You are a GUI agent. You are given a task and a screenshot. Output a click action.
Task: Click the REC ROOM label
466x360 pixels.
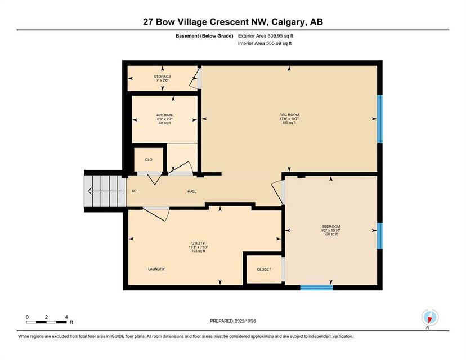(289, 115)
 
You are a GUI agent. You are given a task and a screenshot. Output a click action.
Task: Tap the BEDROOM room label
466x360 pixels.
(331, 226)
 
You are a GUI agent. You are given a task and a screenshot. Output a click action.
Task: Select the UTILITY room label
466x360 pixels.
(198, 243)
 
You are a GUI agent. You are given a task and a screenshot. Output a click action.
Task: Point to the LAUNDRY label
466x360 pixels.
(156, 269)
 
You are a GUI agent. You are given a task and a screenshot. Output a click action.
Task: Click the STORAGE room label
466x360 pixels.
(162, 76)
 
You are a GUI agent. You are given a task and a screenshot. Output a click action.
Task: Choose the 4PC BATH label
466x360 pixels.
(165, 115)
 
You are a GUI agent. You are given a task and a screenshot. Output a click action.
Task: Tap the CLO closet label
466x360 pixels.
(149, 160)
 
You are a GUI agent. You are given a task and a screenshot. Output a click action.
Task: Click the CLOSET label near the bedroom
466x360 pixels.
(264, 269)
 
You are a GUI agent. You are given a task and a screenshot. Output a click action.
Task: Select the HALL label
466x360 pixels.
(192, 192)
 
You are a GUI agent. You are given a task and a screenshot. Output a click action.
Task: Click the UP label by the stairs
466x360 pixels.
(135, 191)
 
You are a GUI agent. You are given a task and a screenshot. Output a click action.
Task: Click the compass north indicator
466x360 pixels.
(430, 317)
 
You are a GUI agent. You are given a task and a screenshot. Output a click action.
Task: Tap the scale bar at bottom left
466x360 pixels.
(47, 322)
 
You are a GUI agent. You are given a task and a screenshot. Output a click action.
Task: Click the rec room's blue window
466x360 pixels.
(380, 119)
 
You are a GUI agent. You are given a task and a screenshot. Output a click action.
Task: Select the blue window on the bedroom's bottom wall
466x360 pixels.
(316, 287)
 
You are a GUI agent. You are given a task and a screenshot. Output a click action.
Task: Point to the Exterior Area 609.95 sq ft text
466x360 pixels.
(266, 36)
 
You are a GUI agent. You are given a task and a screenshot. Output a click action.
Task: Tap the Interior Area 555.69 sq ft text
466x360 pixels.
(265, 43)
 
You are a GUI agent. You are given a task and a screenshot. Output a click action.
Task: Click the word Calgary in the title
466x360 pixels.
(289, 22)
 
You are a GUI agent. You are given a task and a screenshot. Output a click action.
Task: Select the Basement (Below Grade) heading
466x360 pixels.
(204, 36)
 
